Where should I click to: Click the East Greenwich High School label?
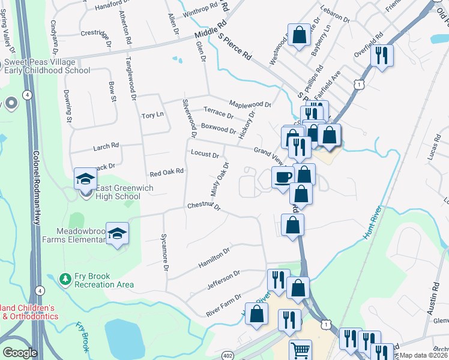(x=118, y=192)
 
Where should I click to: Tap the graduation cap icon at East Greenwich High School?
(x=85, y=179)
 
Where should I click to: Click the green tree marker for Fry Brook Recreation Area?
(x=65, y=279)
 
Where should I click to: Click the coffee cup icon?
(x=283, y=177)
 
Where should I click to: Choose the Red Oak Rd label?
(x=166, y=172)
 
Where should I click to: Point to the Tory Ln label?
(x=152, y=115)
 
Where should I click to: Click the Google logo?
(x=20, y=353)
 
